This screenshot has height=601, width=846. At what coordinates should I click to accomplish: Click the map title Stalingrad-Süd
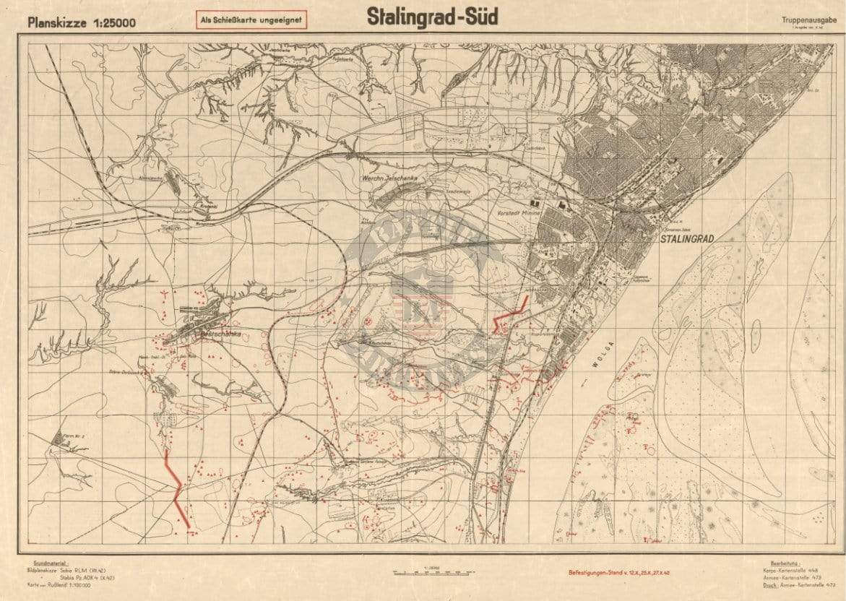pyautogui.click(x=432, y=17)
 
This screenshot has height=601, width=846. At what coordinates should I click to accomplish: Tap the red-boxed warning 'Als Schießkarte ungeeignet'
pyautogui.click(x=251, y=20)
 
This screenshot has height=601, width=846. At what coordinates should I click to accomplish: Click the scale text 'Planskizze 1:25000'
pyautogui.click(x=81, y=22)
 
